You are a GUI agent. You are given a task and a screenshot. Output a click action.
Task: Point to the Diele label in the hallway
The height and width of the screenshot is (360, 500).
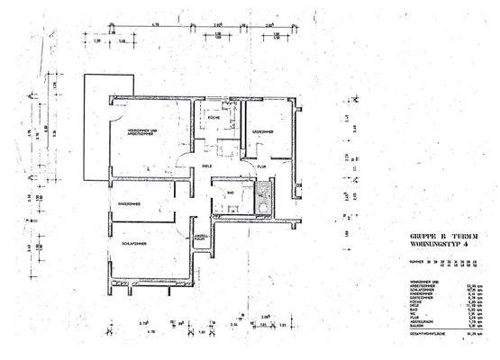pyautogui.click(x=206, y=166)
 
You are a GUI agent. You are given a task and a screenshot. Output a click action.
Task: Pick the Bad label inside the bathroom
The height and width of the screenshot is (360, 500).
pyautogui.click(x=231, y=192)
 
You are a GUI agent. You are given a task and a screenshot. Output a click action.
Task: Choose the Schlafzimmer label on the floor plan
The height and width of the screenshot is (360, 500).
pyautogui.click(x=131, y=243)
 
